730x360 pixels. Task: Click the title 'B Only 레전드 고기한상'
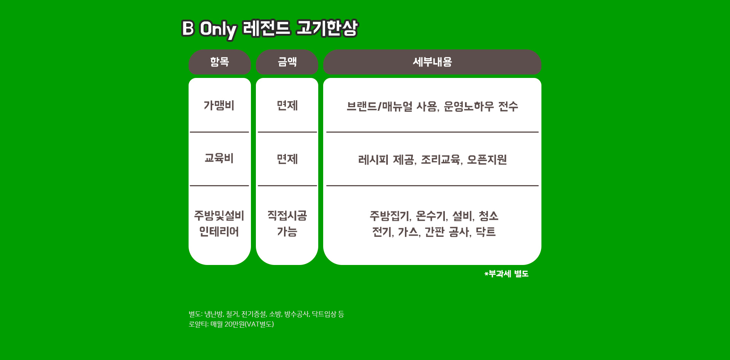pyautogui.click(x=270, y=29)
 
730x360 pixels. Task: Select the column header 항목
pyautogui.click(x=220, y=62)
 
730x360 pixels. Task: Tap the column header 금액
pyautogui.click(x=287, y=62)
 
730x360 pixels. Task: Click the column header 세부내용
pyautogui.click(x=432, y=62)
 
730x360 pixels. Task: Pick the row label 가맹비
pyautogui.click(x=219, y=105)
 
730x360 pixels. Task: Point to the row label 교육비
pyautogui.click(x=219, y=158)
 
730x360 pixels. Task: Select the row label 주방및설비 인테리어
pyautogui.click(x=219, y=224)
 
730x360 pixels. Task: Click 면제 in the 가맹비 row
pyautogui.click(x=287, y=105)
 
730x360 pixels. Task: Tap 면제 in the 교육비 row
pyautogui.click(x=287, y=159)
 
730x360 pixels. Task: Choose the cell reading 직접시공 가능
pyautogui.click(x=287, y=224)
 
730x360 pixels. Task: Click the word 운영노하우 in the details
pyautogui.click(x=469, y=106)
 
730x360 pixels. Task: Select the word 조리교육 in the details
pyautogui.click(x=441, y=160)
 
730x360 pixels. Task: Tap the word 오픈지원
pyautogui.click(x=487, y=160)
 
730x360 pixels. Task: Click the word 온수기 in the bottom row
pyautogui.click(x=431, y=216)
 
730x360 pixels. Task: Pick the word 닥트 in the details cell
pyautogui.click(x=486, y=232)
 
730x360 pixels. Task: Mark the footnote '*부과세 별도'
pyautogui.click(x=506, y=274)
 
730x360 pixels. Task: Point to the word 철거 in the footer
pyautogui.click(x=232, y=314)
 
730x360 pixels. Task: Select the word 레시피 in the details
pyautogui.click(x=373, y=160)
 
